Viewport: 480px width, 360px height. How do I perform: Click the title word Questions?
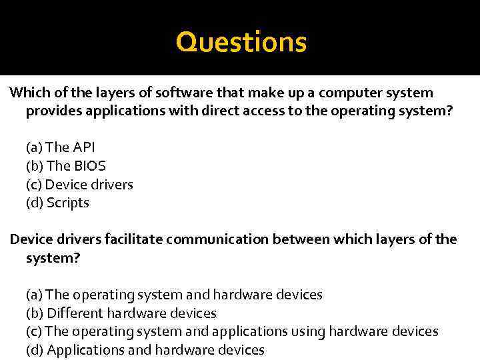pos(241,42)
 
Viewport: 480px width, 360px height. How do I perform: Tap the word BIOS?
pos(89,166)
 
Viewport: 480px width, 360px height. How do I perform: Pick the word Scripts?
pos(67,203)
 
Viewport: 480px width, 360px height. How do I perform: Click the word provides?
pos(55,111)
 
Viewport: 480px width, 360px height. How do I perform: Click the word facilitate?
pos(132,239)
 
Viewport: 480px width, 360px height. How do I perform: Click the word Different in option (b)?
pos(74,313)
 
